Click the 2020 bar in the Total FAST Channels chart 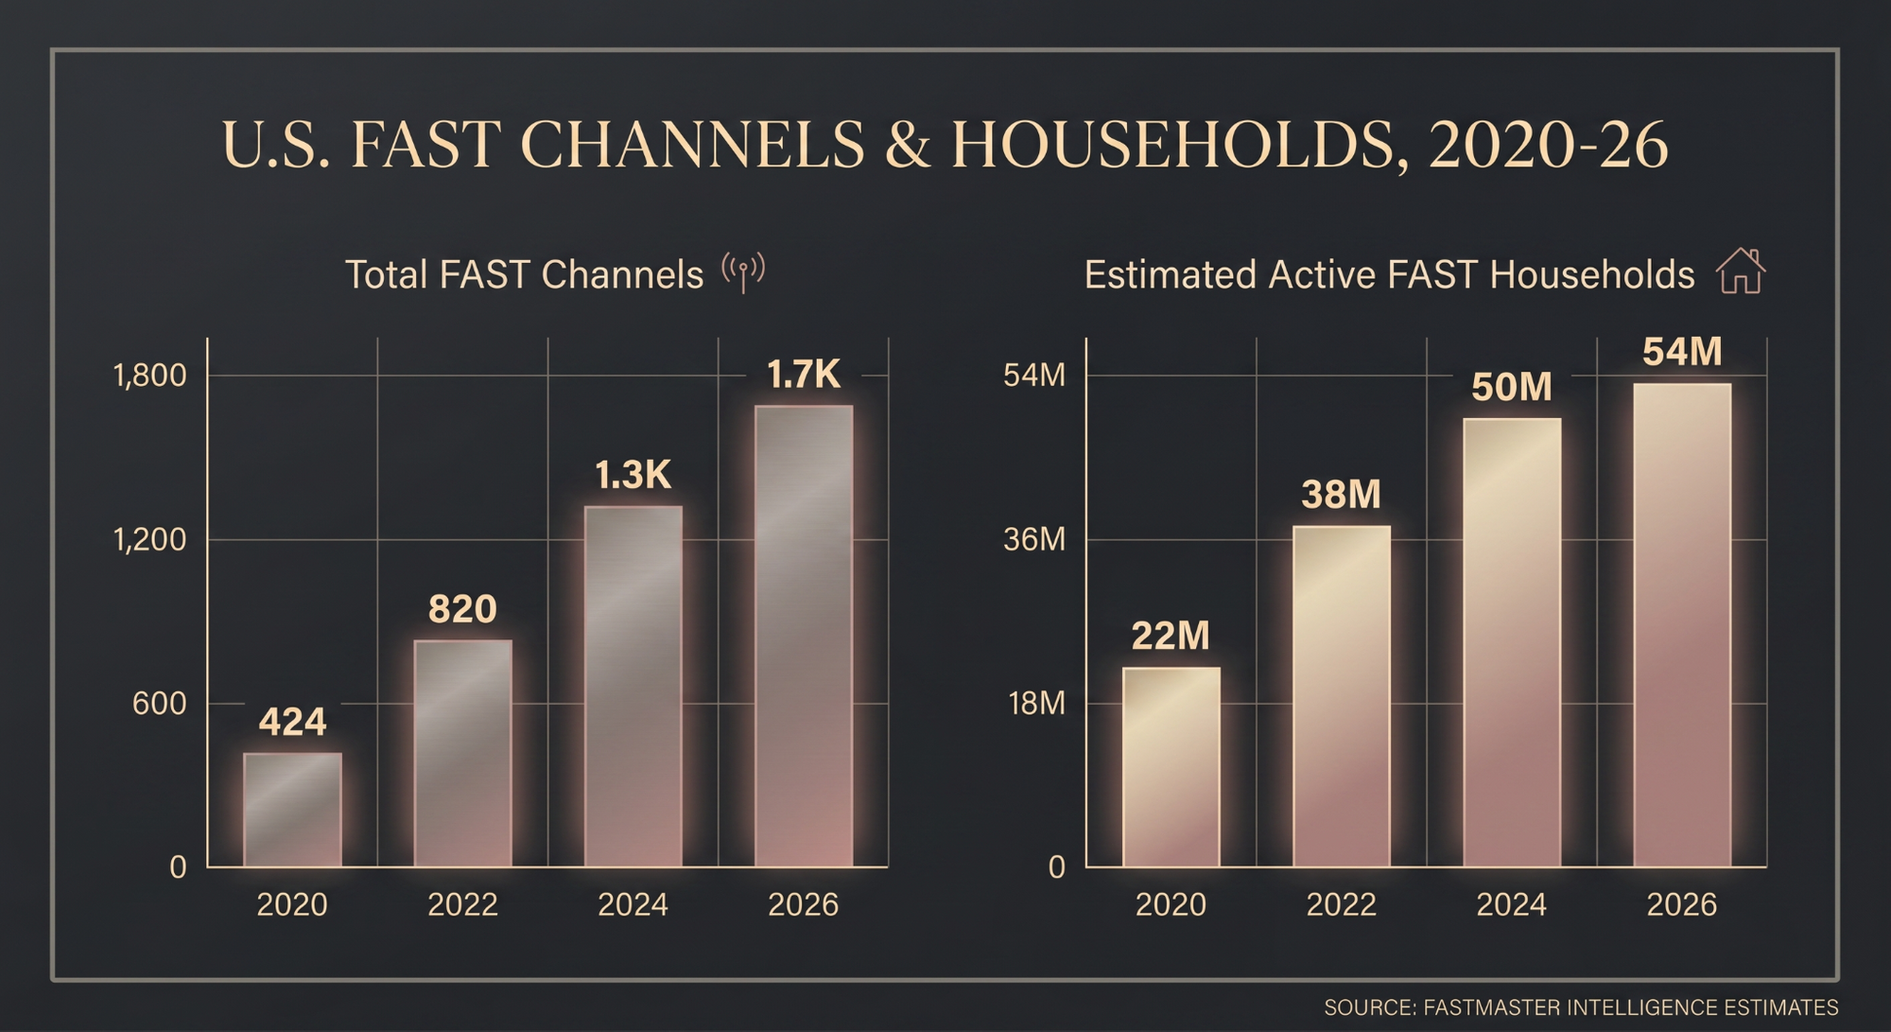(292, 810)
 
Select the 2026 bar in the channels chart (804, 636)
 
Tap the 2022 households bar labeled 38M (1341, 696)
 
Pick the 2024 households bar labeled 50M (1511, 642)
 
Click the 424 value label (292, 723)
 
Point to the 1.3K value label (633, 475)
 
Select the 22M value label (1171, 636)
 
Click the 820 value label (462, 609)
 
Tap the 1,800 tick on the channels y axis (150, 376)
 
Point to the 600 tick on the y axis (159, 704)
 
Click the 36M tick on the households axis (1034, 539)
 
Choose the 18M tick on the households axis (1036, 704)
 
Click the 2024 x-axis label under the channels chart (633, 905)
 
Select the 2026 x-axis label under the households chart (1681, 905)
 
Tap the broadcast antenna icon (743, 272)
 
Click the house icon (1741, 271)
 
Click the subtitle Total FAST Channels (524, 274)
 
